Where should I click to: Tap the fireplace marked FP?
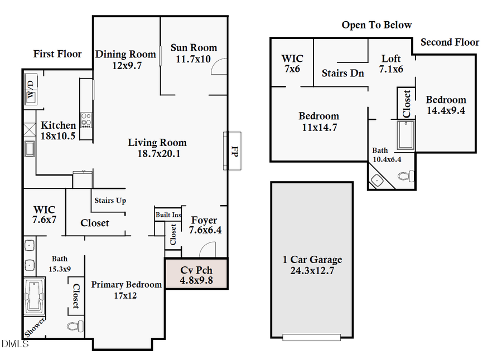233,150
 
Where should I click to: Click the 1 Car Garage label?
312,260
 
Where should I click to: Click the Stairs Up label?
110,201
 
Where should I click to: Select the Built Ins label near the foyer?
168,215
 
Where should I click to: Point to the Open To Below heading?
376,25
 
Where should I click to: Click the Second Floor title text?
450,42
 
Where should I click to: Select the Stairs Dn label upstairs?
343,73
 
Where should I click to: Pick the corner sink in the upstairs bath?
376,180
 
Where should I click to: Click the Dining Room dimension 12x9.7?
127,65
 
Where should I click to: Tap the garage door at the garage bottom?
311,337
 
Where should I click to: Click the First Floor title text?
57,54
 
